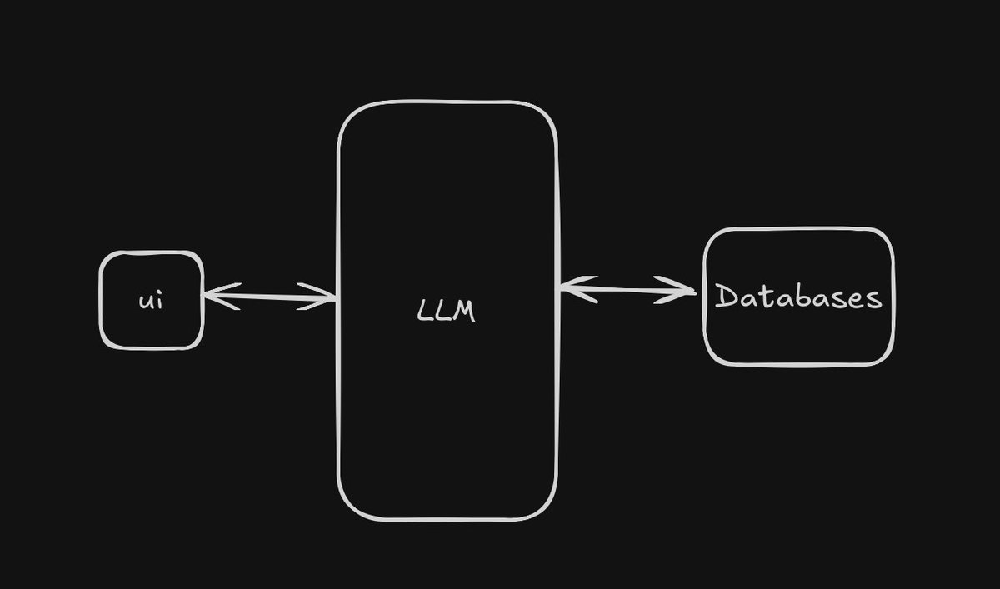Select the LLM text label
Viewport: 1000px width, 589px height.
coord(446,312)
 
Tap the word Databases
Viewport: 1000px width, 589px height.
coord(797,297)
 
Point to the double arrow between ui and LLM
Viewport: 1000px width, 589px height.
coord(269,296)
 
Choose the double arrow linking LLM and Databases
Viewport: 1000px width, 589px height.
coord(627,290)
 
